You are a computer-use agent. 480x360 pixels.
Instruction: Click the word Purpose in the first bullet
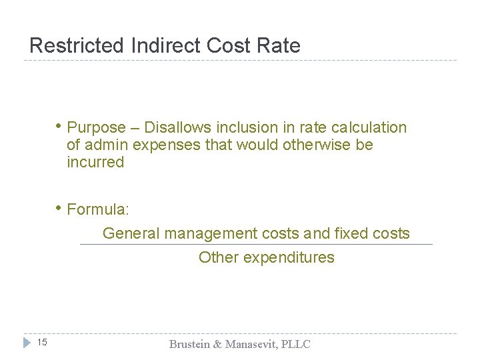[x=97, y=127]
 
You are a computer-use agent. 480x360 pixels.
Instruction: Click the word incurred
[x=95, y=162]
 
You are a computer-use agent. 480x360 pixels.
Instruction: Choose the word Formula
[x=98, y=209]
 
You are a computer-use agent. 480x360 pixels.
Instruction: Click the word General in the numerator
[x=131, y=233]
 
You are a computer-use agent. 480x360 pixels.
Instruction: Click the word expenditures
[x=289, y=257]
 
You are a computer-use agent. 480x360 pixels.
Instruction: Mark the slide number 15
[x=41, y=343]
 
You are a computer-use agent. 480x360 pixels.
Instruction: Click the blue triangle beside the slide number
[x=27, y=343]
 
